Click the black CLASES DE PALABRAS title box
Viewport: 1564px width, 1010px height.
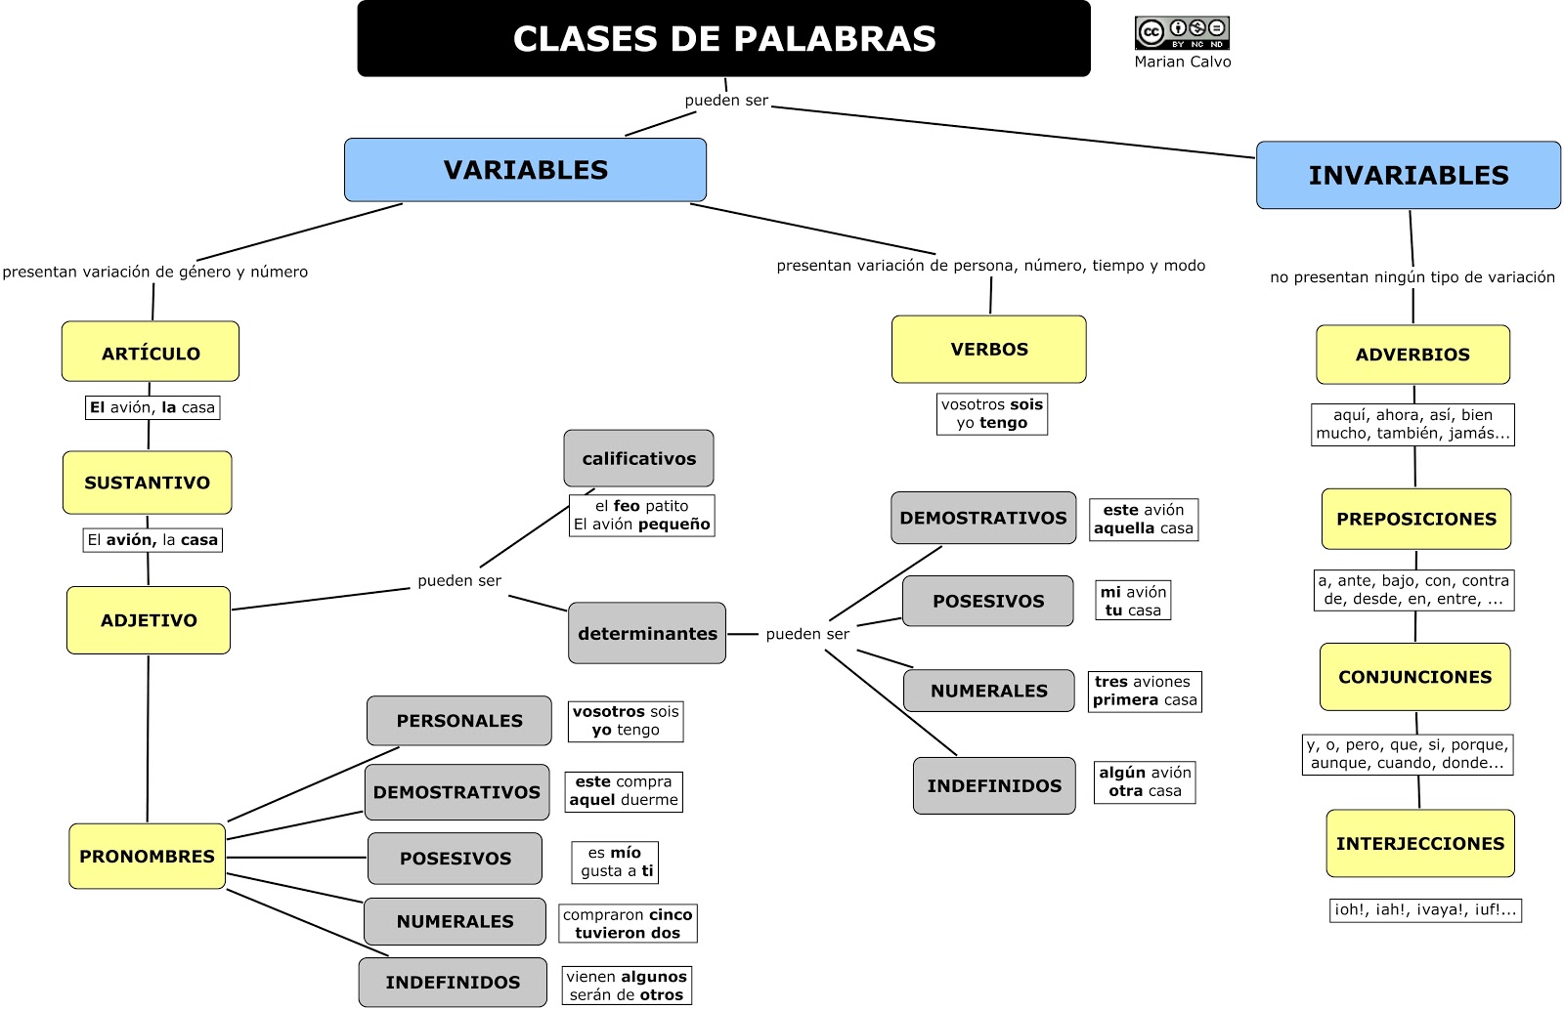click(x=723, y=39)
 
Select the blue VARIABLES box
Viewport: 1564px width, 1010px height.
click(x=525, y=170)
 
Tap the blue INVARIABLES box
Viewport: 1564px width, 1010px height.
click(x=1408, y=175)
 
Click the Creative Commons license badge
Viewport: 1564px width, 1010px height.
click(x=1181, y=32)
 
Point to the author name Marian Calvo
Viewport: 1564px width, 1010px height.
click(x=1183, y=62)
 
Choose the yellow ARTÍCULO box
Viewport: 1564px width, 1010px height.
click(x=151, y=352)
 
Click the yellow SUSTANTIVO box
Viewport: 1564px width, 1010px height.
click(x=148, y=483)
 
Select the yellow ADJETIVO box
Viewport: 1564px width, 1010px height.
click(x=149, y=620)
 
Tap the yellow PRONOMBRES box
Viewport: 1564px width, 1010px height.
click(x=148, y=856)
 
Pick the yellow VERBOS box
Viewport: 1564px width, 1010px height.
click(x=988, y=349)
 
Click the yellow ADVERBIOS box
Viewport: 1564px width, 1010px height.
click(x=1412, y=355)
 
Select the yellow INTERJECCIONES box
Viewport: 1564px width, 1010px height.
click(x=1419, y=843)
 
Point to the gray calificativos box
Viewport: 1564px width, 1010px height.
click(x=638, y=458)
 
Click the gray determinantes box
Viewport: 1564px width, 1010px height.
click(x=647, y=633)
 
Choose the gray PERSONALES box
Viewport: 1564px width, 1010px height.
click(x=459, y=721)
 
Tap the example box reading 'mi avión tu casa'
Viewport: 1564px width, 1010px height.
click(x=1133, y=601)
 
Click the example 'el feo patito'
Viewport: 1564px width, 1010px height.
click(x=641, y=506)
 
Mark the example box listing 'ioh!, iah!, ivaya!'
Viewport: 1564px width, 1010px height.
click(x=1425, y=909)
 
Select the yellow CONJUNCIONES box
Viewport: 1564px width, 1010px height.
click(x=1414, y=677)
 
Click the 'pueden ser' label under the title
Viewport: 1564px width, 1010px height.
click(x=726, y=100)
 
